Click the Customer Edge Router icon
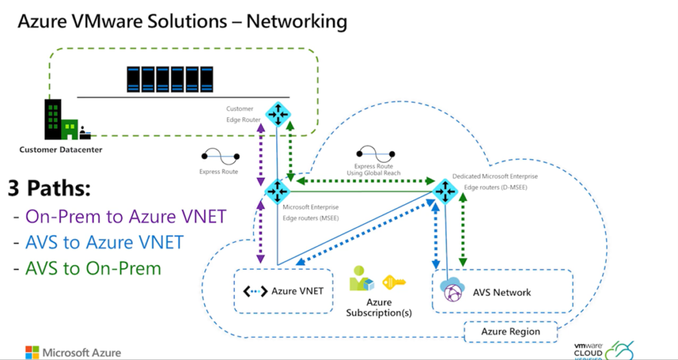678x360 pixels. point(276,114)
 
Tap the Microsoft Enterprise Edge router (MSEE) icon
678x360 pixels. point(276,191)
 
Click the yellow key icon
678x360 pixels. point(394,283)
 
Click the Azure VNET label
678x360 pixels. point(297,291)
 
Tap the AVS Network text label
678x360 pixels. point(502,292)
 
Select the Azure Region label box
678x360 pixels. point(510,331)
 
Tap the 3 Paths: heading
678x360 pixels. point(49,188)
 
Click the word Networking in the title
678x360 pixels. point(297,21)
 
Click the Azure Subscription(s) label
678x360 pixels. point(379,307)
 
